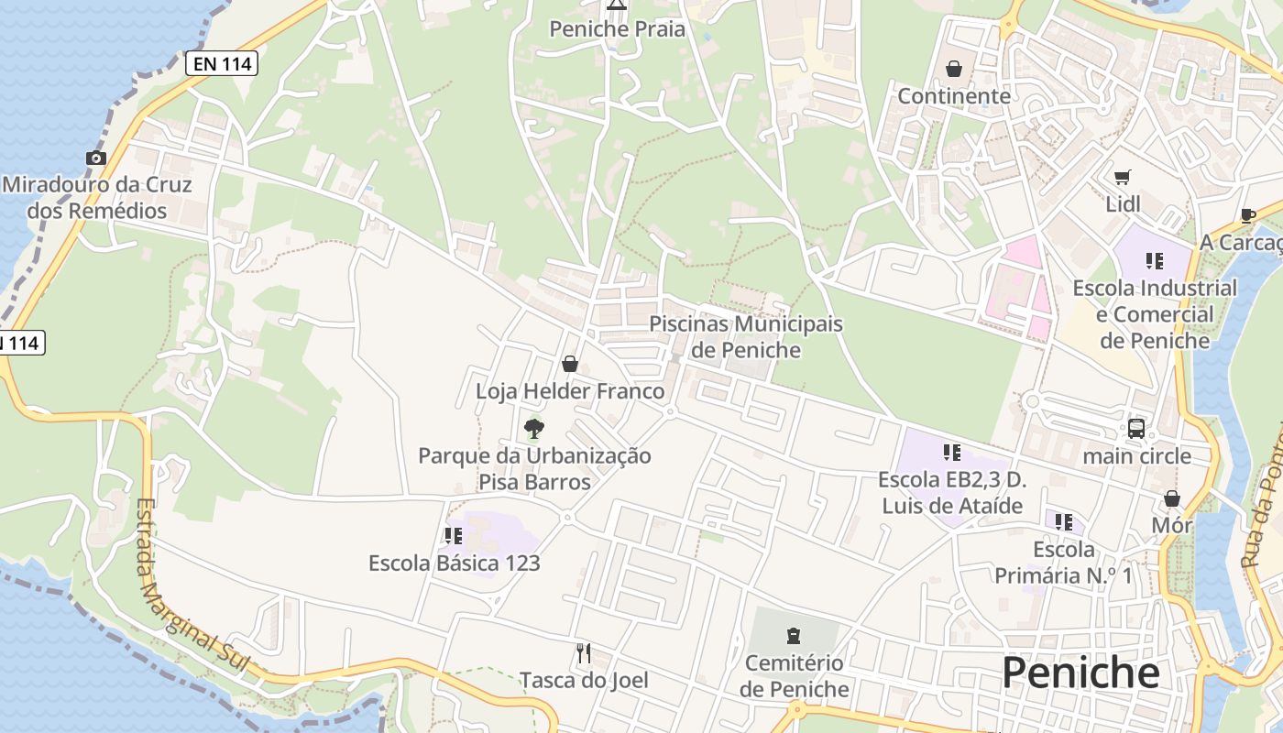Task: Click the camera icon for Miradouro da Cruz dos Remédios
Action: click(96, 159)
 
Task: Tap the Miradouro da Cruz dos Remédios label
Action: click(97, 198)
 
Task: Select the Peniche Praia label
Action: click(617, 29)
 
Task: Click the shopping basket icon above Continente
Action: click(954, 70)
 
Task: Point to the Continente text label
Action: click(954, 96)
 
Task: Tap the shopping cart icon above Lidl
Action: click(1123, 177)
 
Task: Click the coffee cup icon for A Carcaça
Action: click(1247, 215)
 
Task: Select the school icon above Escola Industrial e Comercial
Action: click(1154, 261)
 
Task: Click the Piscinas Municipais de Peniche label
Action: click(746, 337)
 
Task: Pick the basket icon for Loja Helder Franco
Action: click(570, 365)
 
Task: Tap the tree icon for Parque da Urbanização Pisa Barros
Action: click(533, 428)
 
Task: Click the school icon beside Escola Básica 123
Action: click(453, 536)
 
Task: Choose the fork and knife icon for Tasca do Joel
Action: click(584, 652)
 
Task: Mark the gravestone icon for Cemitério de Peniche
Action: click(794, 635)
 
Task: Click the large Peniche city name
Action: click(1080, 673)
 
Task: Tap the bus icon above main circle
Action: click(1136, 429)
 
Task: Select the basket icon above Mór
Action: click(1171, 498)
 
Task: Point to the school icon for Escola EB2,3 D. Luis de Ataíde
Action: click(952, 453)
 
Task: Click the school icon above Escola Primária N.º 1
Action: click(1063, 522)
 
